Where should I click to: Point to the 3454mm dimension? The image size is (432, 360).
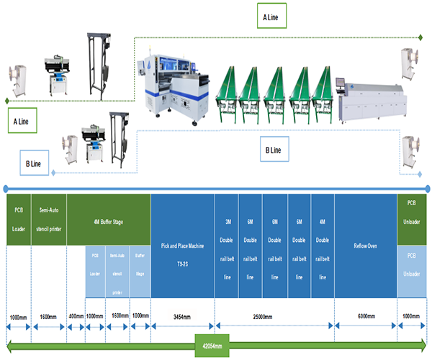182,316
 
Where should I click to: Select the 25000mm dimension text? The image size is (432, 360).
274,316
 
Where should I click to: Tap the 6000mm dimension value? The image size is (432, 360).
365,316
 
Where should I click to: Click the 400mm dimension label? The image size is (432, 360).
75,316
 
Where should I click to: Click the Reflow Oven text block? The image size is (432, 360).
365,246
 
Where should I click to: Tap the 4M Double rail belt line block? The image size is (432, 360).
323,245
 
